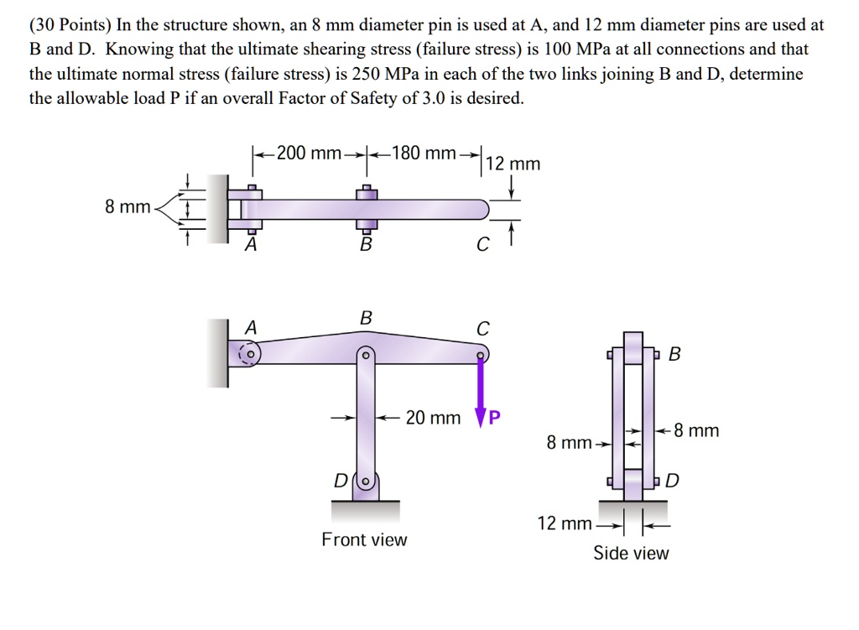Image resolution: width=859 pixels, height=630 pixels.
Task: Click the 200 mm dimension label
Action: click(308, 154)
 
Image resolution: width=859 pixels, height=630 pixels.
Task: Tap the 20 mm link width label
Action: click(433, 417)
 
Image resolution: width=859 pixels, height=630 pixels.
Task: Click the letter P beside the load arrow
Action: click(494, 418)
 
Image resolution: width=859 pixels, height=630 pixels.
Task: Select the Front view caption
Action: click(364, 539)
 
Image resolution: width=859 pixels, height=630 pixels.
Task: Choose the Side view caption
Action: click(631, 553)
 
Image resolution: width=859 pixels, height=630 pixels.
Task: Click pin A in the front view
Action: click(250, 353)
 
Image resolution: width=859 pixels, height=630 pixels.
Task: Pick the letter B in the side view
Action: click(675, 354)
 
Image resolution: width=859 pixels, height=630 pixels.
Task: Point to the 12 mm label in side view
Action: click(564, 524)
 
